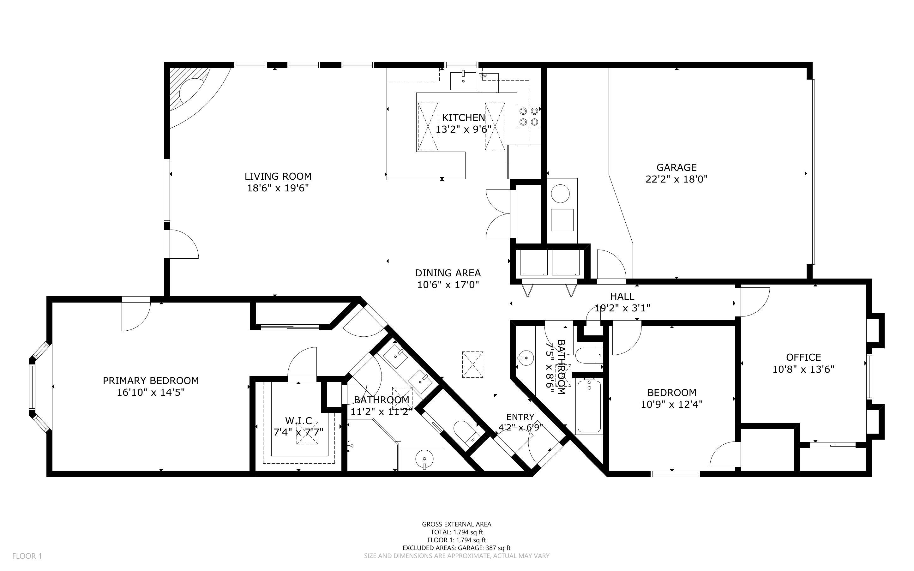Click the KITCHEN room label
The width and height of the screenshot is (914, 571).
click(x=464, y=117)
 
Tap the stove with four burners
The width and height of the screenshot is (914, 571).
click(x=529, y=117)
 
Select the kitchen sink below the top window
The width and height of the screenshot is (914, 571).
click(x=463, y=81)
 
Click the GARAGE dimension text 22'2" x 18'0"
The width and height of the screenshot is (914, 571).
click(x=676, y=179)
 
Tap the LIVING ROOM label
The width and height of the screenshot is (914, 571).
click(x=278, y=176)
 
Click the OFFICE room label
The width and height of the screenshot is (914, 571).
click(x=803, y=357)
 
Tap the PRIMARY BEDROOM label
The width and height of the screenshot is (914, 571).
click(x=151, y=381)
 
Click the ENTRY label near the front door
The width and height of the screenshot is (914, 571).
click(x=520, y=417)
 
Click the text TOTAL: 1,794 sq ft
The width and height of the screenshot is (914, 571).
click(x=457, y=532)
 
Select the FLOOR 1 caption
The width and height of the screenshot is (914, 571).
click(x=27, y=556)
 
